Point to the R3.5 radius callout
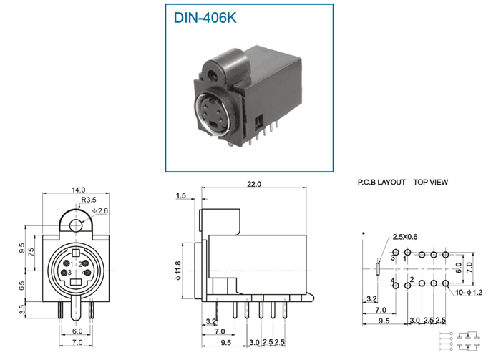(89, 200)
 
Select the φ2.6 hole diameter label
(99, 211)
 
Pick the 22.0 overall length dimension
(253, 184)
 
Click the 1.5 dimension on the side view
(180, 195)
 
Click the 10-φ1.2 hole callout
(468, 293)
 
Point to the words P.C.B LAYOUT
(381, 183)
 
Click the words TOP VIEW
(430, 183)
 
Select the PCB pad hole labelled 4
(395, 285)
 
